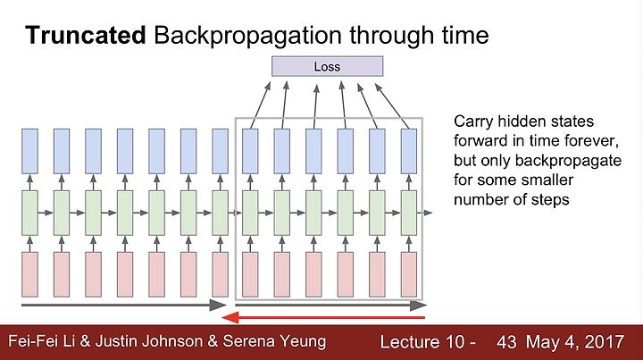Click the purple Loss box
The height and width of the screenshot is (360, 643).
click(x=327, y=66)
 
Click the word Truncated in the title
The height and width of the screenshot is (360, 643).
click(x=86, y=35)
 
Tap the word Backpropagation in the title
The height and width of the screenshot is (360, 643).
click(x=247, y=36)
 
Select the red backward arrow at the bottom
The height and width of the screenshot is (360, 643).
click(x=323, y=317)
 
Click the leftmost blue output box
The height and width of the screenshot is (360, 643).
click(x=29, y=151)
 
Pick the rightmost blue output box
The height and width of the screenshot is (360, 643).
click(x=409, y=151)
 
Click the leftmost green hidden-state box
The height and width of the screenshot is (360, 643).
click(x=29, y=213)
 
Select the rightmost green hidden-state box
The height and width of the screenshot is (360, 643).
click(x=409, y=213)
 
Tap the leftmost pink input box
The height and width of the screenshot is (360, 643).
click(x=29, y=274)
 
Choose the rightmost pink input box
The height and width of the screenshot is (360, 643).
click(x=409, y=274)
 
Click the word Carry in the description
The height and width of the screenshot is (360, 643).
click(x=472, y=122)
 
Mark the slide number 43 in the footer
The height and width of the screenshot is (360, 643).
click(x=506, y=342)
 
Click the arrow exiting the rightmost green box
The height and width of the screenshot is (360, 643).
click(x=425, y=213)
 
